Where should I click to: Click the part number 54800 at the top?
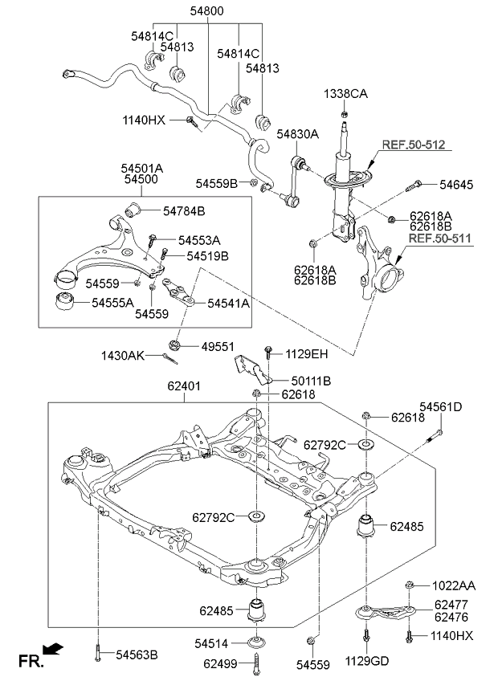click(x=207, y=10)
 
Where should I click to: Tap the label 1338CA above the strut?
click(x=345, y=93)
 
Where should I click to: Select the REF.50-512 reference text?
click(x=414, y=145)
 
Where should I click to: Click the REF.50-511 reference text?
click(x=440, y=238)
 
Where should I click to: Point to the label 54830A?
click(x=298, y=134)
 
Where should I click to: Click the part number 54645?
click(x=456, y=185)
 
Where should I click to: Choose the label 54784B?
click(x=184, y=211)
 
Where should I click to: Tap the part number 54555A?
click(x=112, y=303)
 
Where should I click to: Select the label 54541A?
click(x=228, y=303)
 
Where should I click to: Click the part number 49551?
click(x=218, y=347)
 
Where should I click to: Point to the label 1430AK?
click(x=123, y=356)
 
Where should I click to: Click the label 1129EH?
click(x=306, y=354)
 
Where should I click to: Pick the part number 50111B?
click(x=311, y=381)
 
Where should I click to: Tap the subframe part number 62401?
click(x=184, y=385)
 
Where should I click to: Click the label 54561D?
click(x=441, y=407)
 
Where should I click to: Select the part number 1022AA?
click(x=454, y=586)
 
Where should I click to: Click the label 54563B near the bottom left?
click(x=137, y=654)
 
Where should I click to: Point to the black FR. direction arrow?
click(x=53, y=649)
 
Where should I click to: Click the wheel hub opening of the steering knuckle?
click(x=390, y=279)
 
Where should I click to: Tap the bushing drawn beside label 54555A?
click(x=66, y=302)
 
